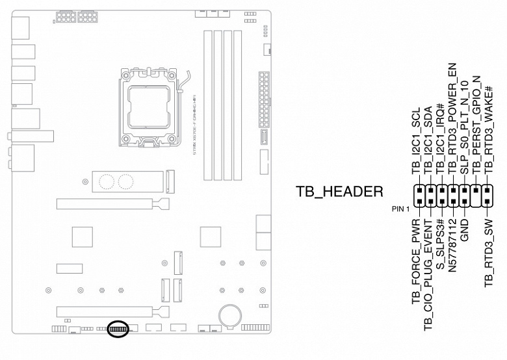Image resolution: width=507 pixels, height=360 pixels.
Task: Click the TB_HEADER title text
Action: [339, 192]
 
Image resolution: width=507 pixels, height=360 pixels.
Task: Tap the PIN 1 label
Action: [401, 209]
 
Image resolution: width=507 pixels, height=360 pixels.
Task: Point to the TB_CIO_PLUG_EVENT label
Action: [428, 273]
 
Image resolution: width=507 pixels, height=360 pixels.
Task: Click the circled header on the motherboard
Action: [118, 328]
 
